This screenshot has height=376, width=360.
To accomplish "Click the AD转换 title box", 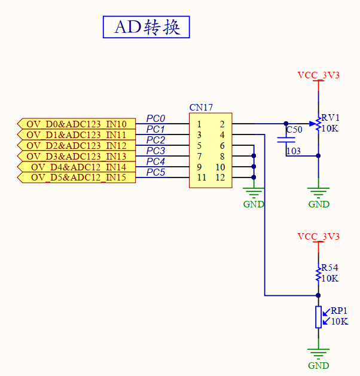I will coord(147,27).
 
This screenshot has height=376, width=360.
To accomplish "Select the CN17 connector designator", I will coord(201,108).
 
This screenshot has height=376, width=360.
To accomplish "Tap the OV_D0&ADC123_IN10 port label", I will coord(77,124).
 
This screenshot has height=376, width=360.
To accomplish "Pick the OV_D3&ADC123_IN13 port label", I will coord(77,156).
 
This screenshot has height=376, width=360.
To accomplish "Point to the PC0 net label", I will coord(155,119).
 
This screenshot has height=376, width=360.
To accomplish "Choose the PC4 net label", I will coord(155,162).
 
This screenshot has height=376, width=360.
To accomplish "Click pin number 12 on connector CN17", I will coord(220,178).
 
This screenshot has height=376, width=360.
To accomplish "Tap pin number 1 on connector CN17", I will coord(199,124).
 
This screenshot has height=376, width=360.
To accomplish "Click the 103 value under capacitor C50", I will coord(294,151).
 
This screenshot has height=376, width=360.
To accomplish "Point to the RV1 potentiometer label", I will coord(330,118).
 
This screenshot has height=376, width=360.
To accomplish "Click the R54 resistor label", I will coord(330,268).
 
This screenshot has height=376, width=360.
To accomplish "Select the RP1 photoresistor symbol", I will coord(319,317).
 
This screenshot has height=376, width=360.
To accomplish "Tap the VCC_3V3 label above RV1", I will coord(318,75).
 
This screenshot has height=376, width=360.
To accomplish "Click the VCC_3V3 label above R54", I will coord(318,237).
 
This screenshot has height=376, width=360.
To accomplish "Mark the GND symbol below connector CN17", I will coord(254,193).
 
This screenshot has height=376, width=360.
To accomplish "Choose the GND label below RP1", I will coord(318,365).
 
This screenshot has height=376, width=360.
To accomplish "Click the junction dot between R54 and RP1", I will coord(318,295).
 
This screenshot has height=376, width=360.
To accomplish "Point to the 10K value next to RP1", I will coord(339,321).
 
